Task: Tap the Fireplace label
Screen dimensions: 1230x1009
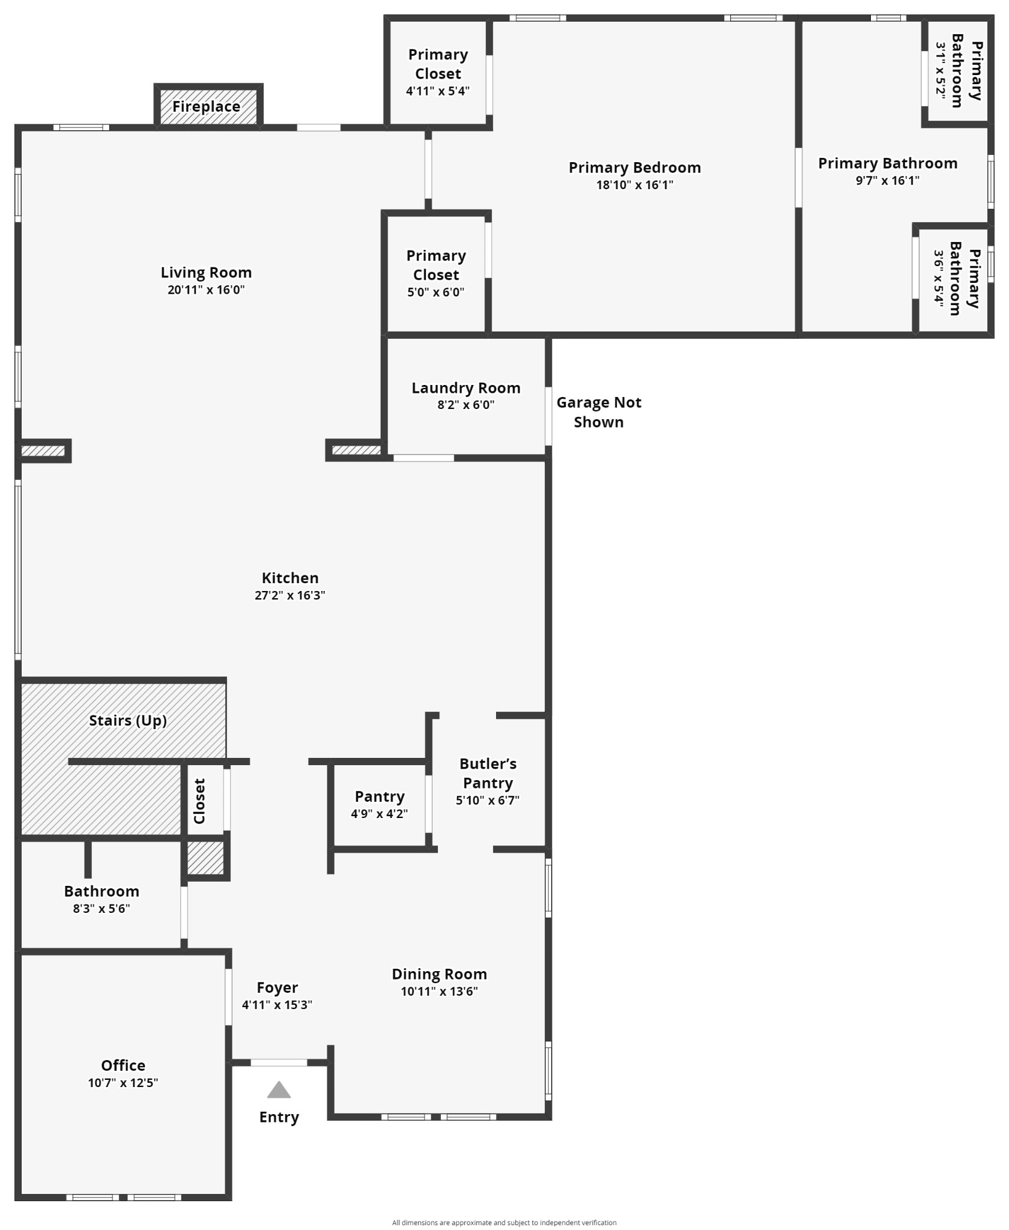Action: [206, 106]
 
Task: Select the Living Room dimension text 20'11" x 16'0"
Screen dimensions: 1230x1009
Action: [206, 290]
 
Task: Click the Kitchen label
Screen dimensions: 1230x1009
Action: [290, 578]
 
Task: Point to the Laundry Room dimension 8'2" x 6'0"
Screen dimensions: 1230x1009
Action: [466, 405]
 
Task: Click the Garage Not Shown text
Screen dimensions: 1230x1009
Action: [599, 412]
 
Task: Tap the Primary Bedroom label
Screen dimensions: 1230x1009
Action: [635, 168]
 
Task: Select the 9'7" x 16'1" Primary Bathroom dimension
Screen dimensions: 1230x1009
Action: [888, 181]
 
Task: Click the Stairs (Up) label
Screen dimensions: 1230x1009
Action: [128, 720]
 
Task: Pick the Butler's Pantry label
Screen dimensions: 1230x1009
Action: [488, 773]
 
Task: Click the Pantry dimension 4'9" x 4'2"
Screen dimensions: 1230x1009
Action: [380, 814]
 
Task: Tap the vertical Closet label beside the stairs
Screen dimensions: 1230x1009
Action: [199, 801]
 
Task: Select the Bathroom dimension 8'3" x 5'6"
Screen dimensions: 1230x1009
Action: [102, 909]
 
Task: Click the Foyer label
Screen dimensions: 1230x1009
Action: [277, 987]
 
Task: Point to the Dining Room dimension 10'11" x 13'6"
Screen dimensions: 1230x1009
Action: [440, 992]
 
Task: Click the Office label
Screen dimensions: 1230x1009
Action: [123, 1065]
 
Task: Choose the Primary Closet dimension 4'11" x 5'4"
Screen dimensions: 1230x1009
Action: [438, 91]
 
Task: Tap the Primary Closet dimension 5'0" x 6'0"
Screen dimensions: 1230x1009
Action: [436, 292]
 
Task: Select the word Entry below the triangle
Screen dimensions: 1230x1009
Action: [279, 1117]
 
